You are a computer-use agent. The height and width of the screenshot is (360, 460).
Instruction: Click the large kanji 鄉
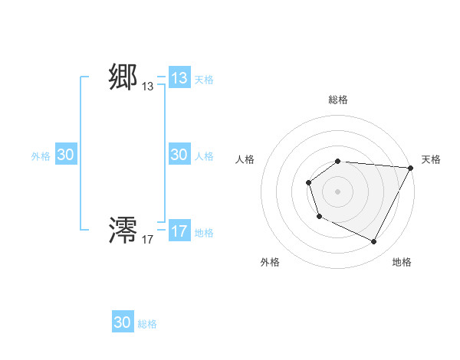coord(123,77)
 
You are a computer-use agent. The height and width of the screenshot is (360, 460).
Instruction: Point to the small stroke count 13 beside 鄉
coord(148,87)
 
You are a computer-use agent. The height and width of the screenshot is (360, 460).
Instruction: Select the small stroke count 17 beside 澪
coord(148,240)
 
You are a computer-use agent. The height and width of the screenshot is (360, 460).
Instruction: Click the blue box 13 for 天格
coord(179,78)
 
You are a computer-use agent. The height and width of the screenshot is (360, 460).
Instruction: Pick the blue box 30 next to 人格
coord(179,155)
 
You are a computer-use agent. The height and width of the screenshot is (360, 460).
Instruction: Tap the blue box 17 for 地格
coord(179,231)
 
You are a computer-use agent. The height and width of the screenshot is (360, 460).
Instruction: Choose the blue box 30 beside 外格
coord(65,155)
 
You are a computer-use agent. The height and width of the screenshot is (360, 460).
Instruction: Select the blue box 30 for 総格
coord(123,322)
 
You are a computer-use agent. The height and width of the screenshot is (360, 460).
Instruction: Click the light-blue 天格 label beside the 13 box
coord(204,80)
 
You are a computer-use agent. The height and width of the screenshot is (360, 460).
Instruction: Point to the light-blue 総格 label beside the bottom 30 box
coord(147,324)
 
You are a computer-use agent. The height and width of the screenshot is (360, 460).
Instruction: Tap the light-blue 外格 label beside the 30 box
coord(41,156)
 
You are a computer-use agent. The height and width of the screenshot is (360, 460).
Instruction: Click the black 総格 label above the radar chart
coord(338,100)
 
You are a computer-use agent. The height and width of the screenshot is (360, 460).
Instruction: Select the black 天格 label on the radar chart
coord(431,159)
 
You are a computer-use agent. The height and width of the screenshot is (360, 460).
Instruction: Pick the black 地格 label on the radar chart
coord(402,262)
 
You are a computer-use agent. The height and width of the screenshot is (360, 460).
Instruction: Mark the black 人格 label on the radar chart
coord(245,159)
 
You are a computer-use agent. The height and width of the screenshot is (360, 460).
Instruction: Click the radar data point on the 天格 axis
coord(411,168)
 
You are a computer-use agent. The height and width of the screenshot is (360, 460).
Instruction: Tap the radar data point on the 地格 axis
coord(374,242)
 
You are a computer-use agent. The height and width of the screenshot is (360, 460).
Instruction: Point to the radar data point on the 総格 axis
coord(338,161)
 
